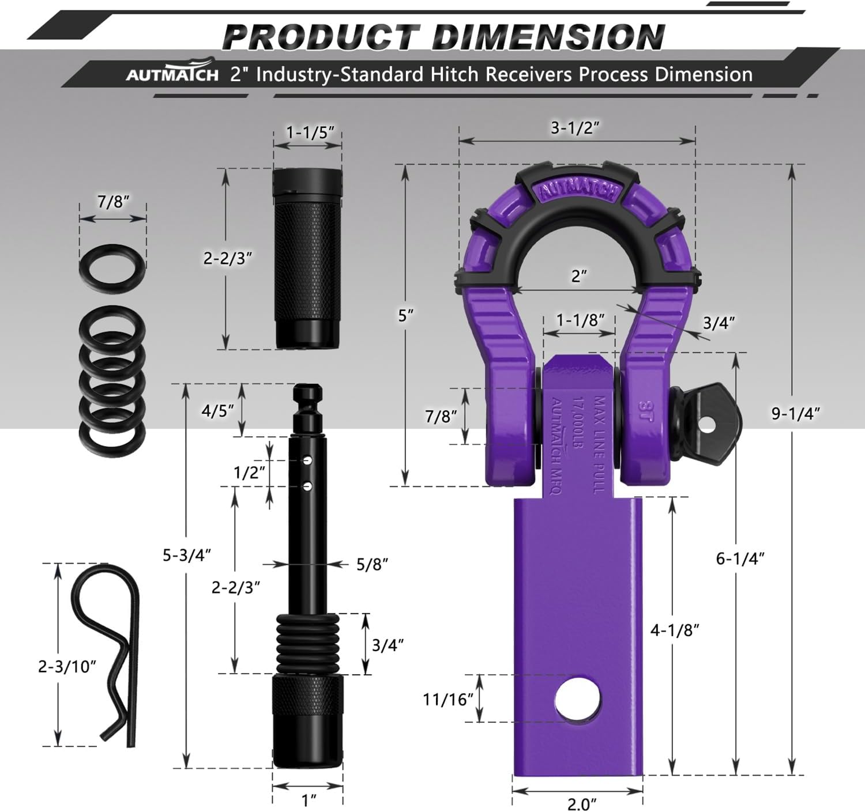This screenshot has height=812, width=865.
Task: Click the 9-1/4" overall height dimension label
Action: tap(795, 413)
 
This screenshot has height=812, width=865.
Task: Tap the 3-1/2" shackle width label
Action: tap(575, 127)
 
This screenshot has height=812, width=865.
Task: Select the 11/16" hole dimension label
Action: tap(448, 699)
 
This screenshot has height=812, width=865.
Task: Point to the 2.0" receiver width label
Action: tap(581, 803)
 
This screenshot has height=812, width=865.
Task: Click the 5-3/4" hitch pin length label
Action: tap(187, 555)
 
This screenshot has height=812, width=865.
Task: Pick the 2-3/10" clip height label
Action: tap(67, 666)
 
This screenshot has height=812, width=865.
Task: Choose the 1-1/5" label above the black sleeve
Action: tap(310, 132)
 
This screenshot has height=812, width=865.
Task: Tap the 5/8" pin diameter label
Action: tap(372, 564)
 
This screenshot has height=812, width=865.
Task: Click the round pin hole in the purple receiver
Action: tap(577, 699)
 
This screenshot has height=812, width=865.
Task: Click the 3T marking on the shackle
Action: tap(644, 411)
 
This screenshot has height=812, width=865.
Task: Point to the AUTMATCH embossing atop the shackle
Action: tap(579, 190)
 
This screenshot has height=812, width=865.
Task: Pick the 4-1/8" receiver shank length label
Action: tap(675, 630)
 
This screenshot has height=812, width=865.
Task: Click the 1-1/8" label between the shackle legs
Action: tap(580, 320)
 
